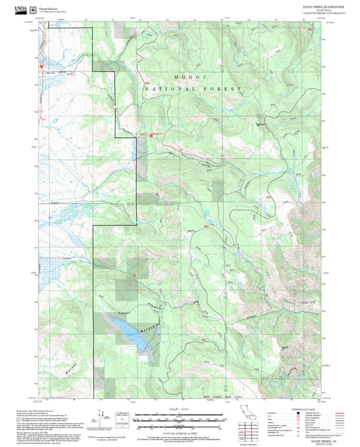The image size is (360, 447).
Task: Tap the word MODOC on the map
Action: pyautogui.click(x=187, y=77)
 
